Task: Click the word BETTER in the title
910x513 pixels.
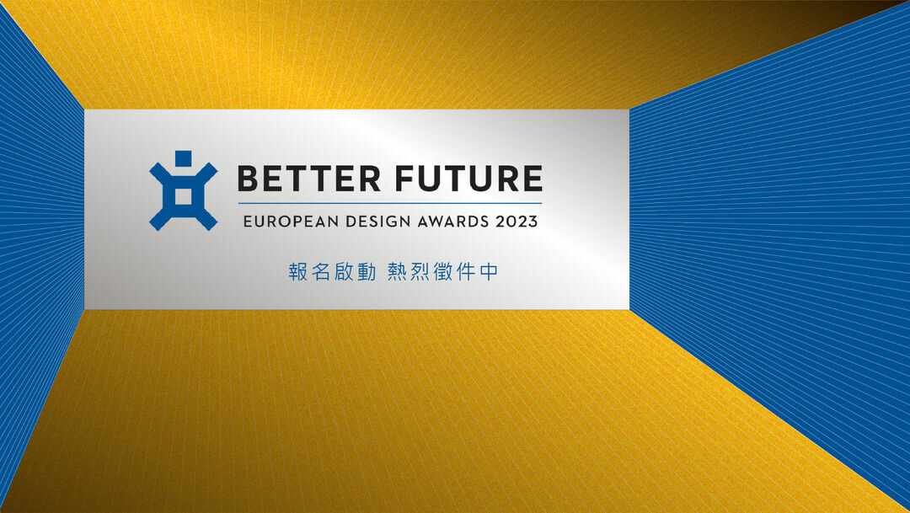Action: tap(308, 178)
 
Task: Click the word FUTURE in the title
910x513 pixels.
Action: tap(469, 178)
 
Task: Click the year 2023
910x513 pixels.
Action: tap(517, 221)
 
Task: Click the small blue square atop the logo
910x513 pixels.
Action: tap(184, 158)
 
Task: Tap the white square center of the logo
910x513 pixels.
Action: tap(184, 196)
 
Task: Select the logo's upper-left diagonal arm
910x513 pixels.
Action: tap(160, 173)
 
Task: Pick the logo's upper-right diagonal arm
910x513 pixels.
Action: tap(206, 173)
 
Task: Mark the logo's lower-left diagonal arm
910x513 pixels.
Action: tap(160, 219)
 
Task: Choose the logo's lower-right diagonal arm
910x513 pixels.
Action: tap(206, 219)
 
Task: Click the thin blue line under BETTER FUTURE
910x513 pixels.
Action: tap(390, 203)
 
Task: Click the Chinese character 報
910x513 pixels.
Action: tap(297, 271)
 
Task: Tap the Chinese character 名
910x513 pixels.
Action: tap(321, 271)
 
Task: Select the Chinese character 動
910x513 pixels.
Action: tap(367, 271)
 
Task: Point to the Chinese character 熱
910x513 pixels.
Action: tap(397, 271)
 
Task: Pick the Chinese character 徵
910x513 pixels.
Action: tap(443, 271)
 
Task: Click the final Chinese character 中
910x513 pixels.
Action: tap(489, 271)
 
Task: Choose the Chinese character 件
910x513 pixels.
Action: tap(466, 271)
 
